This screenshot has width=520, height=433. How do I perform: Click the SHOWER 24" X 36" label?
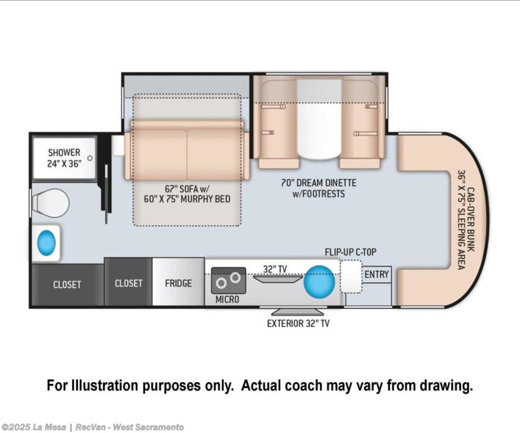(x=64, y=158)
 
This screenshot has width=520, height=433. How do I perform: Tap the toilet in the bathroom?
(x=50, y=203)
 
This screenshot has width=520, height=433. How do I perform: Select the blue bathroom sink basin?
(x=46, y=243)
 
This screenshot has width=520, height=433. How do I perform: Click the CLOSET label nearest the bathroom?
(x=67, y=285)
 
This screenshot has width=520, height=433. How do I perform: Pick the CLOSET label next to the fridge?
(x=128, y=283)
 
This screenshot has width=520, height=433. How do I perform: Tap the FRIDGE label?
(x=179, y=283)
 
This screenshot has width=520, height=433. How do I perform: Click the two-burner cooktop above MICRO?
(x=228, y=281)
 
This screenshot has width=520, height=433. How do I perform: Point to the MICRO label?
(x=227, y=300)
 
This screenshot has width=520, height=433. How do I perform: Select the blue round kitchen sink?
(x=320, y=282)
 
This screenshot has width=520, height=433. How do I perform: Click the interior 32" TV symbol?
(x=278, y=279)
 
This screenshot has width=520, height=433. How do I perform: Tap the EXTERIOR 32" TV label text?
(x=298, y=323)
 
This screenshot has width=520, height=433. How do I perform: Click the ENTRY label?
(x=376, y=274)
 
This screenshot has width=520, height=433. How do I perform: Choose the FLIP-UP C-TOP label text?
(x=350, y=252)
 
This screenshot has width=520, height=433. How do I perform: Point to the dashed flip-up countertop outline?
(x=351, y=277)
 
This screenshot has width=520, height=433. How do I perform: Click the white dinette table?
(x=319, y=119)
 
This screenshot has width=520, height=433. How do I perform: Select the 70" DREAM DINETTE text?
(x=319, y=182)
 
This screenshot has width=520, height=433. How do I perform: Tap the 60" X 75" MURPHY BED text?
(x=187, y=199)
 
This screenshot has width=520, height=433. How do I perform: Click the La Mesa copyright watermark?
(x=93, y=427)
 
